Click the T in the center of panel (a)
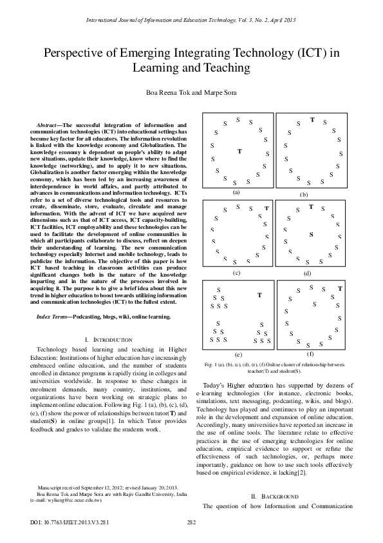coord(239,152)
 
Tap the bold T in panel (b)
coord(312,119)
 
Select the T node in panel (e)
coord(259,295)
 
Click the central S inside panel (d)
coord(311,235)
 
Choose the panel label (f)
coord(310,354)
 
